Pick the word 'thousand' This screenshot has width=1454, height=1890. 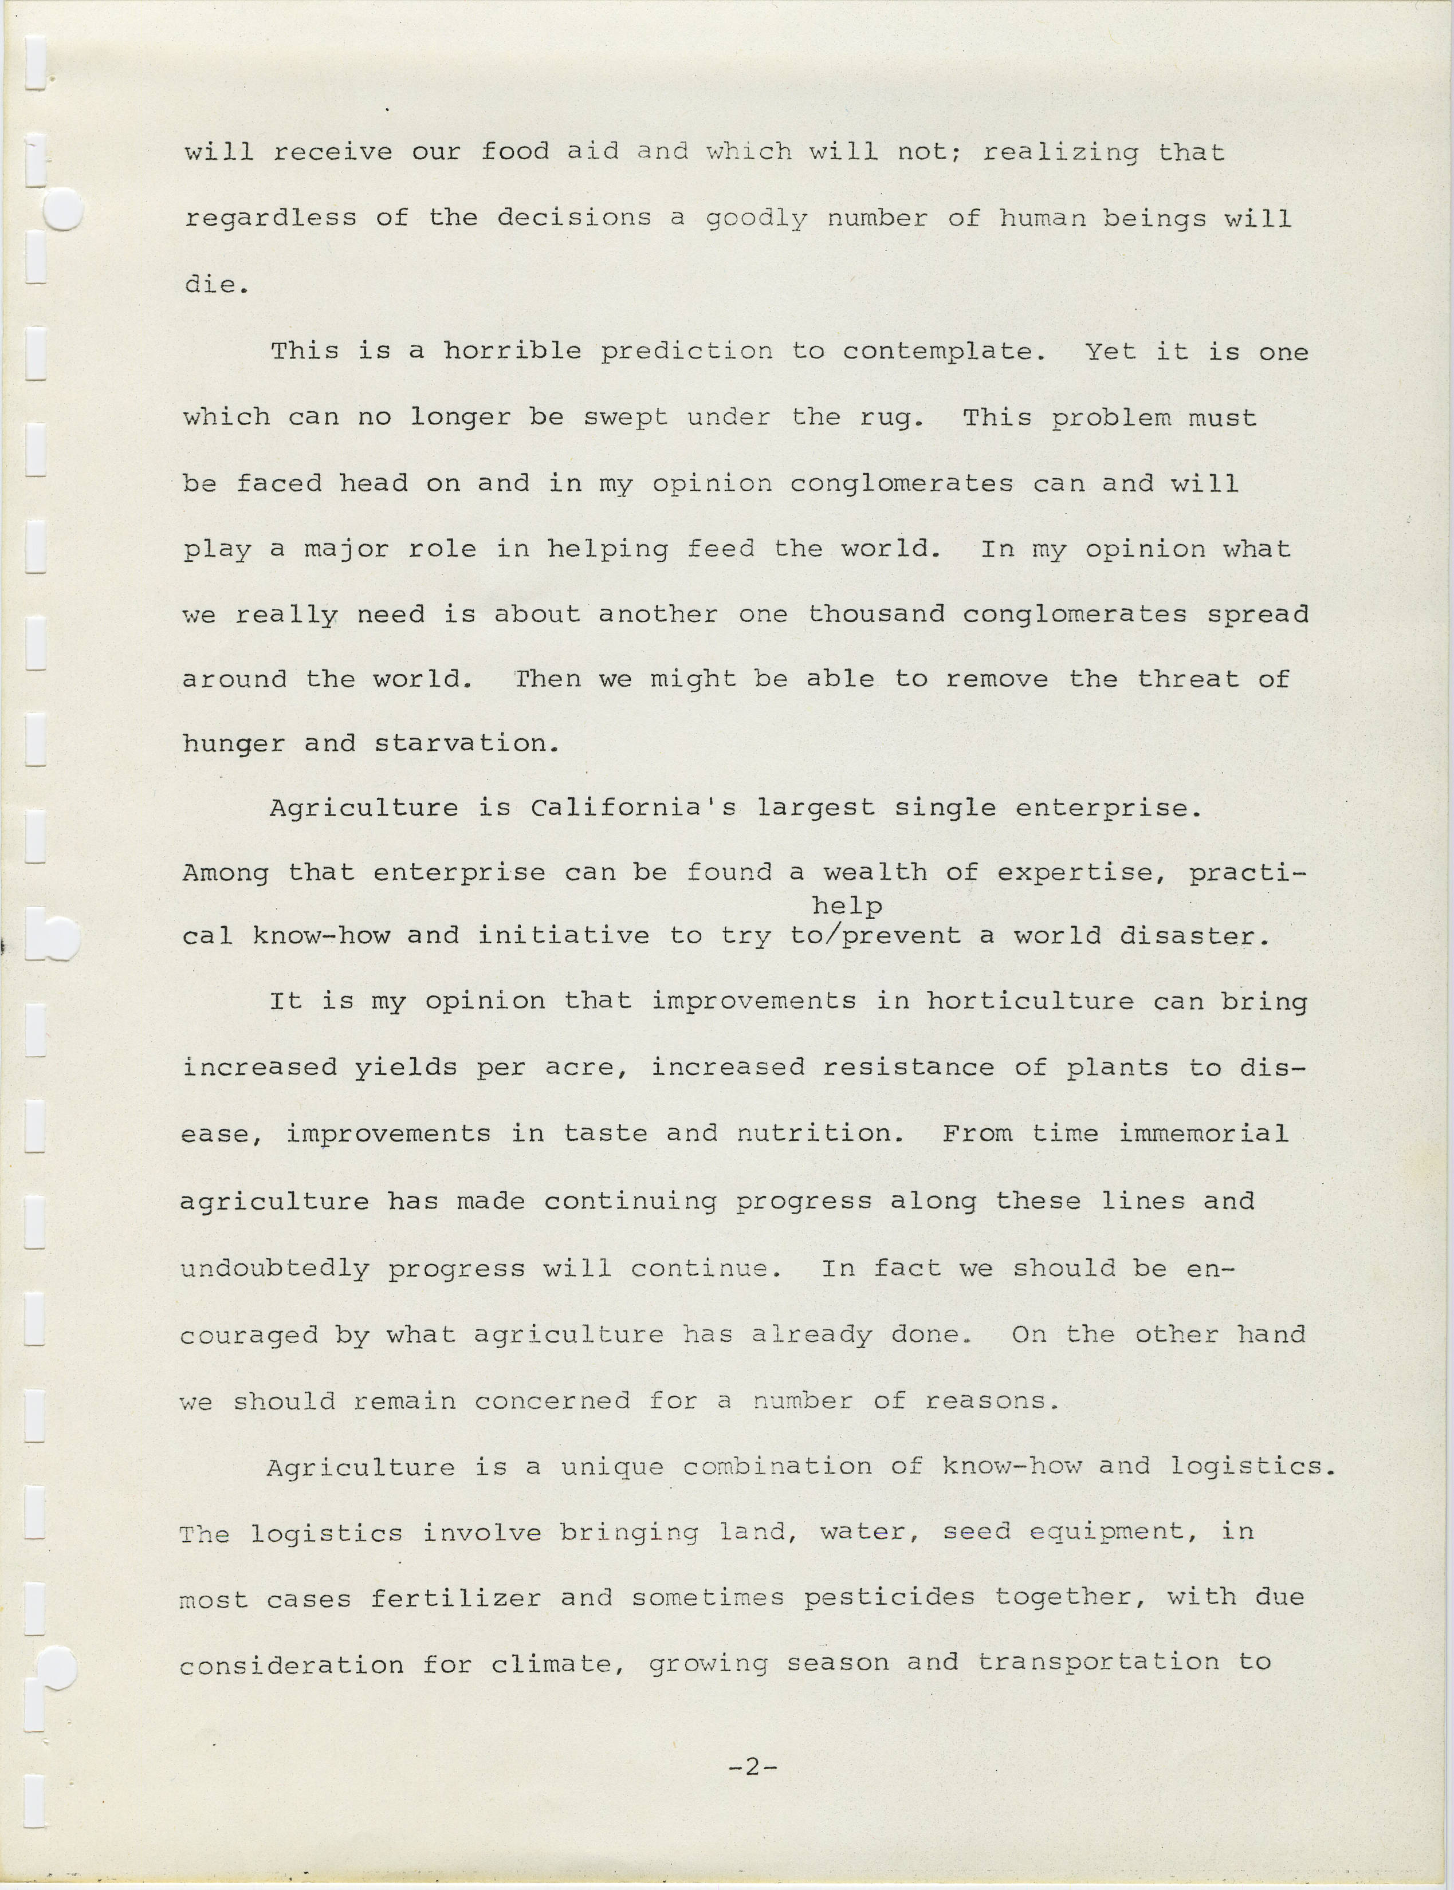(x=876, y=614)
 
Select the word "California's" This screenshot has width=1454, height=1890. (x=634, y=809)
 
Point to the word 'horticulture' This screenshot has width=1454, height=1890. (x=1030, y=1002)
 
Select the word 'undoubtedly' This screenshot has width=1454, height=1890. (x=274, y=1269)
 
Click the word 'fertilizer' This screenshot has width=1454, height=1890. (x=456, y=1598)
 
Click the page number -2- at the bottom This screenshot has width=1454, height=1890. (x=752, y=1767)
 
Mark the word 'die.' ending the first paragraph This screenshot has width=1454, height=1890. (x=217, y=285)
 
